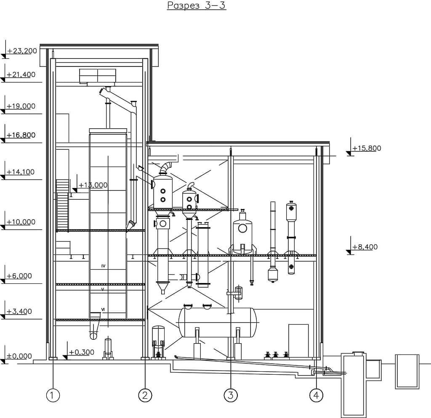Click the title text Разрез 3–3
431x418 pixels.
point(197,5)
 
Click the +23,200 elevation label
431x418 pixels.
point(22,51)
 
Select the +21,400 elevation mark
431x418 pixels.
point(21,75)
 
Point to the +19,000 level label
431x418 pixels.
point(21,106)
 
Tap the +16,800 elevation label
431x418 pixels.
point(21,135)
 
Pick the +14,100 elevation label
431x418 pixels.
point(21,172)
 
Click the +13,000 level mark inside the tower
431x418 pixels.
point(93,185)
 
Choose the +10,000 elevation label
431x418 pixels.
point(21,222)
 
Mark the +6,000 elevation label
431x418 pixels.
point(19,276)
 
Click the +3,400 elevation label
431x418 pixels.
point(19,312)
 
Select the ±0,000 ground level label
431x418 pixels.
point(19,356)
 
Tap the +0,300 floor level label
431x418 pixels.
point(81,352)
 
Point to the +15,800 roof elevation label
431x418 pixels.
point(367,148)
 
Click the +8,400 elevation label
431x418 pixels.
point(365,247)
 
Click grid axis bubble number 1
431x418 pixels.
point(53,395)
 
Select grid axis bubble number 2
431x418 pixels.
point(145,395)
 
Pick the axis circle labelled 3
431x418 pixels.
point(231,395)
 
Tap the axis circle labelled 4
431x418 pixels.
point(316,395)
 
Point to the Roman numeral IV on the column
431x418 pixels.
point(104,266)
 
